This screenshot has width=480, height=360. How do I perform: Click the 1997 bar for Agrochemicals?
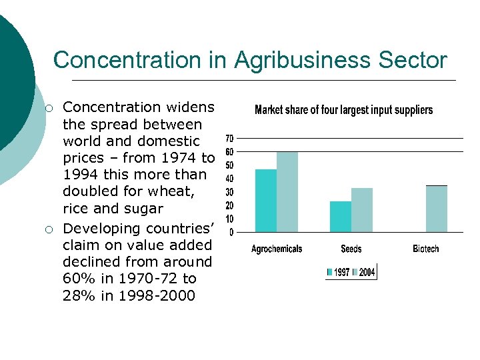click(x=266, y=201)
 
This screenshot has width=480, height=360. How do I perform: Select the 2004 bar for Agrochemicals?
click(x=287, y=192)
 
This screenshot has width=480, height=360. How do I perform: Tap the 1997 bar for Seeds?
click(x=341, y=217)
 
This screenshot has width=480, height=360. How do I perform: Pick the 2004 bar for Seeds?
click(x=362, y=210)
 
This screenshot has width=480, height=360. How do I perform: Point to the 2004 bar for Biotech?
click(x=437, y=209)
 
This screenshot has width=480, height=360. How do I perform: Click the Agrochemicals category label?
click(x=277, y=249)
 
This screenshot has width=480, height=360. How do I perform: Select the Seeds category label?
click(x=351, y=249)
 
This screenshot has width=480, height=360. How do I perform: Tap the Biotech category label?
click(x=426, y=249)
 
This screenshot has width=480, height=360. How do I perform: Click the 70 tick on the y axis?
click(x=229, y=139)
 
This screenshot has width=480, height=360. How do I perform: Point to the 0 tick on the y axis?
click(x=231, y=233)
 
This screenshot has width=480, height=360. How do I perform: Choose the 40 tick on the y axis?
click(x=229, y=179)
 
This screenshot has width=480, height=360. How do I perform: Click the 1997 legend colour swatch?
click(x=329, y=273)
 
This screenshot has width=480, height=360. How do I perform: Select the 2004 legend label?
click(x=367, y=273)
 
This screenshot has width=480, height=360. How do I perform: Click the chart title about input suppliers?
click(x=344, y=110)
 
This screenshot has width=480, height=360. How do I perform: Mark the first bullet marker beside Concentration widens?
click(x=49, y=108)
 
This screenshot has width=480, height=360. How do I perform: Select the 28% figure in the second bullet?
click(x=79, y=295)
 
